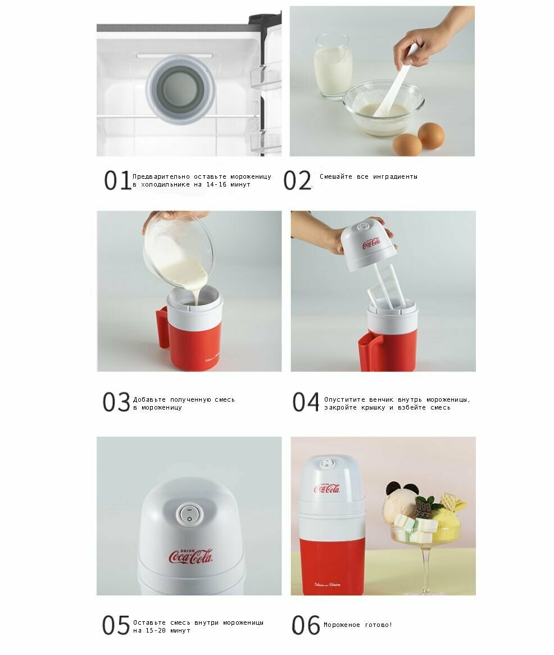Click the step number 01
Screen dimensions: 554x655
click(x=117, y=180)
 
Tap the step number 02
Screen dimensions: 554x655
click(x=297, y=180)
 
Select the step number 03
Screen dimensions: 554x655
click(x=116, y=402)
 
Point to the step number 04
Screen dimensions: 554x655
click(x=306, y=402)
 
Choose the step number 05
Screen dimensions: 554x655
click(x=116, y=625)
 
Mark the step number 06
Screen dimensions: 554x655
click(x=306, y=625)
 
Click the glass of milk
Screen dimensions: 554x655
click(x=333, y=66)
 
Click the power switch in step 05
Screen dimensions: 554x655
click(x=189, y=514)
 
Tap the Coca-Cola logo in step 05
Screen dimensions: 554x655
click(x=191, y=556)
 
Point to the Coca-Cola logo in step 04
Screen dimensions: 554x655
click(x=371, y=243)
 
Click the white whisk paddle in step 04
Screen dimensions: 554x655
click(x=387, y=287)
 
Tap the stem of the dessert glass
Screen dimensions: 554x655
click(x=426, y=566)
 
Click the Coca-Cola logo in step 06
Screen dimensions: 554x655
click(x=327, y=487)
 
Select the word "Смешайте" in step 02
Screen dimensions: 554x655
click(x=336, y=177)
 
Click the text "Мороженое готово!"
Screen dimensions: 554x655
click(x=358, y=625)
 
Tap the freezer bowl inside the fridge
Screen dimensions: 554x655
click(x=180, y=89)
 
